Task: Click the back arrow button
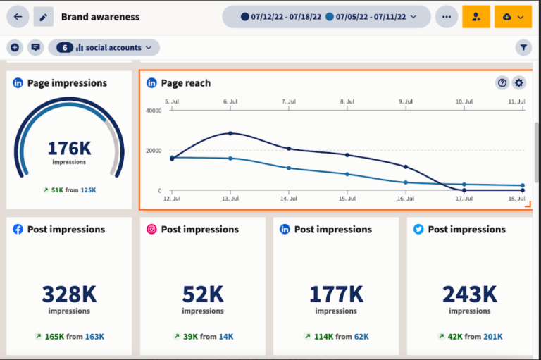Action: (18, 16)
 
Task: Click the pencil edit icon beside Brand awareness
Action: (43, 16)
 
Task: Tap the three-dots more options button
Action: (446, 16)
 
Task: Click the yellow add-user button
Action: (476, 16)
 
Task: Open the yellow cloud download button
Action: (513, 16)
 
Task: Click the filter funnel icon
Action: (523, 48)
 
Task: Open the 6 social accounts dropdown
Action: (104, 48)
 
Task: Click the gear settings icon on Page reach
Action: (519, 83)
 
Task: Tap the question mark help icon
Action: (502, 83)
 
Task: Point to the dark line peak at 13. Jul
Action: (230, 133)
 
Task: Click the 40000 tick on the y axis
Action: (153, 111)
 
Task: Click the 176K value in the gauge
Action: (69, 148)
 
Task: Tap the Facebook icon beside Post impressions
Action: (18, 230)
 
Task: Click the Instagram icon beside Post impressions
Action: (151, 230)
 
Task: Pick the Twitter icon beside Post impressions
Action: (418, 230)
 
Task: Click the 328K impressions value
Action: (69, 293)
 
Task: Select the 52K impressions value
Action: (202, 293)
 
